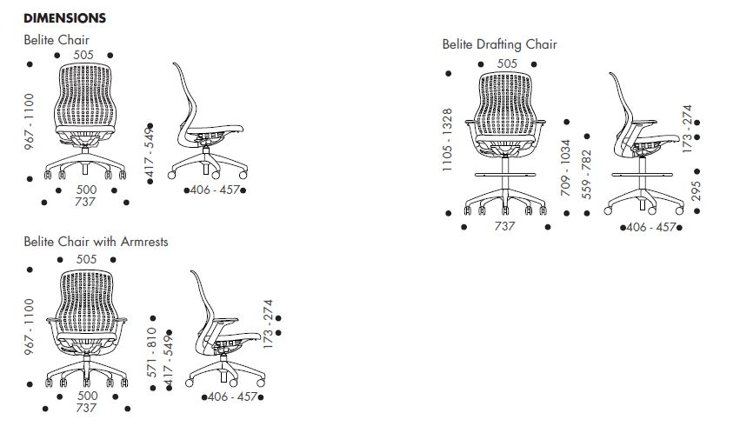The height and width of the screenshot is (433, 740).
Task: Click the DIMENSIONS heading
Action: [65, 18]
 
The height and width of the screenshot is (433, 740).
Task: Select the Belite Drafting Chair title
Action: [499, 44]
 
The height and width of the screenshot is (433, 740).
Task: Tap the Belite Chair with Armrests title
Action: [96, 242]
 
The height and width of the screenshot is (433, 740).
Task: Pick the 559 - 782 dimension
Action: [586, 174]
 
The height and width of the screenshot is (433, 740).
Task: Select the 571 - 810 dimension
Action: [153, 346]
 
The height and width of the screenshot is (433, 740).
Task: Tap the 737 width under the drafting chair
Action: [504, 226]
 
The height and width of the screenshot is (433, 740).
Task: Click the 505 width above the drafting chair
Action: [507, 63]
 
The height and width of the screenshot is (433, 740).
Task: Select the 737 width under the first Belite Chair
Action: [85, 202]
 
